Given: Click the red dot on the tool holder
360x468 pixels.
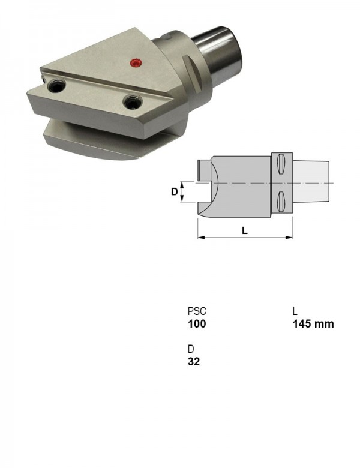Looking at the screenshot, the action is coord(136,62).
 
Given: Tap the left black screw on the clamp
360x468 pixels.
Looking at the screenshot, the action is coord(57,86).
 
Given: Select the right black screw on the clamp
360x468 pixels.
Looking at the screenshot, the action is coord(133,102).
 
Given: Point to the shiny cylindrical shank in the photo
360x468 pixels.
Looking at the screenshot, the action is coord(218,55).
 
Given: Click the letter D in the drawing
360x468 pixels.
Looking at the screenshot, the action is coord(175,192).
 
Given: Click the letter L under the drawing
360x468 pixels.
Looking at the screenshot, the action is coord(245,230).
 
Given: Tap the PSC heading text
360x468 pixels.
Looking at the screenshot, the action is coord(197,311).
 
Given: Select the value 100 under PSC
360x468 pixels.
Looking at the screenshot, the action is coord(197,324).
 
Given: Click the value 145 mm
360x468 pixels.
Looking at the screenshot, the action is coord(313,324).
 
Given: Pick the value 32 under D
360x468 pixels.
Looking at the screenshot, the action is coord(194,362).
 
